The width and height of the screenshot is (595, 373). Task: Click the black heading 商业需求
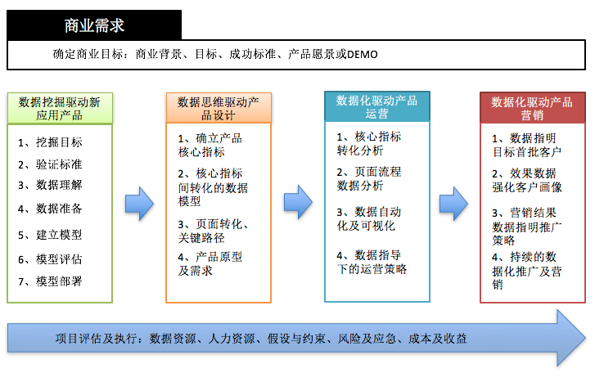94,26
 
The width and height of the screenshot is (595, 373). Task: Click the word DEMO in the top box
362,55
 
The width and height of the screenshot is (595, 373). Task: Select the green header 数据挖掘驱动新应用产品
60,109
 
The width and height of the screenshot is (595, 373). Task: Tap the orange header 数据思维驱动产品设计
219,108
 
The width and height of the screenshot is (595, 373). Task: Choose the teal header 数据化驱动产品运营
376,106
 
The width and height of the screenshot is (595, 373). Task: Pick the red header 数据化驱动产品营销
532,108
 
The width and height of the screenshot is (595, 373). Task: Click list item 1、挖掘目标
50,142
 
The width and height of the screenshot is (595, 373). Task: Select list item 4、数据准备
50,209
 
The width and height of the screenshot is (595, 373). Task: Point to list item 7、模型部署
50,281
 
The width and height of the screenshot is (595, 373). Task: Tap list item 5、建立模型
50,235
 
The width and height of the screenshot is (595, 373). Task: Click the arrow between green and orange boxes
139,204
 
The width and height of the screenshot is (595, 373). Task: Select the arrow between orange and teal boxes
298,202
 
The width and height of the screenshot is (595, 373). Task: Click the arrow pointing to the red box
454,204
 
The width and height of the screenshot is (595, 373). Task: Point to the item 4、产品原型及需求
210,264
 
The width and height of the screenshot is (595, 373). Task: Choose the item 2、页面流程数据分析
369,179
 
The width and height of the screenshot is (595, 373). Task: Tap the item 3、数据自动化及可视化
369,218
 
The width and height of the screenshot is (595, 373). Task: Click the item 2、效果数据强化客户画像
527,181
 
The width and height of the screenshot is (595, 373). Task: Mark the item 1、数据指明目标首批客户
527,145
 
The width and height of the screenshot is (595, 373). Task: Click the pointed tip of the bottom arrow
584,338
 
